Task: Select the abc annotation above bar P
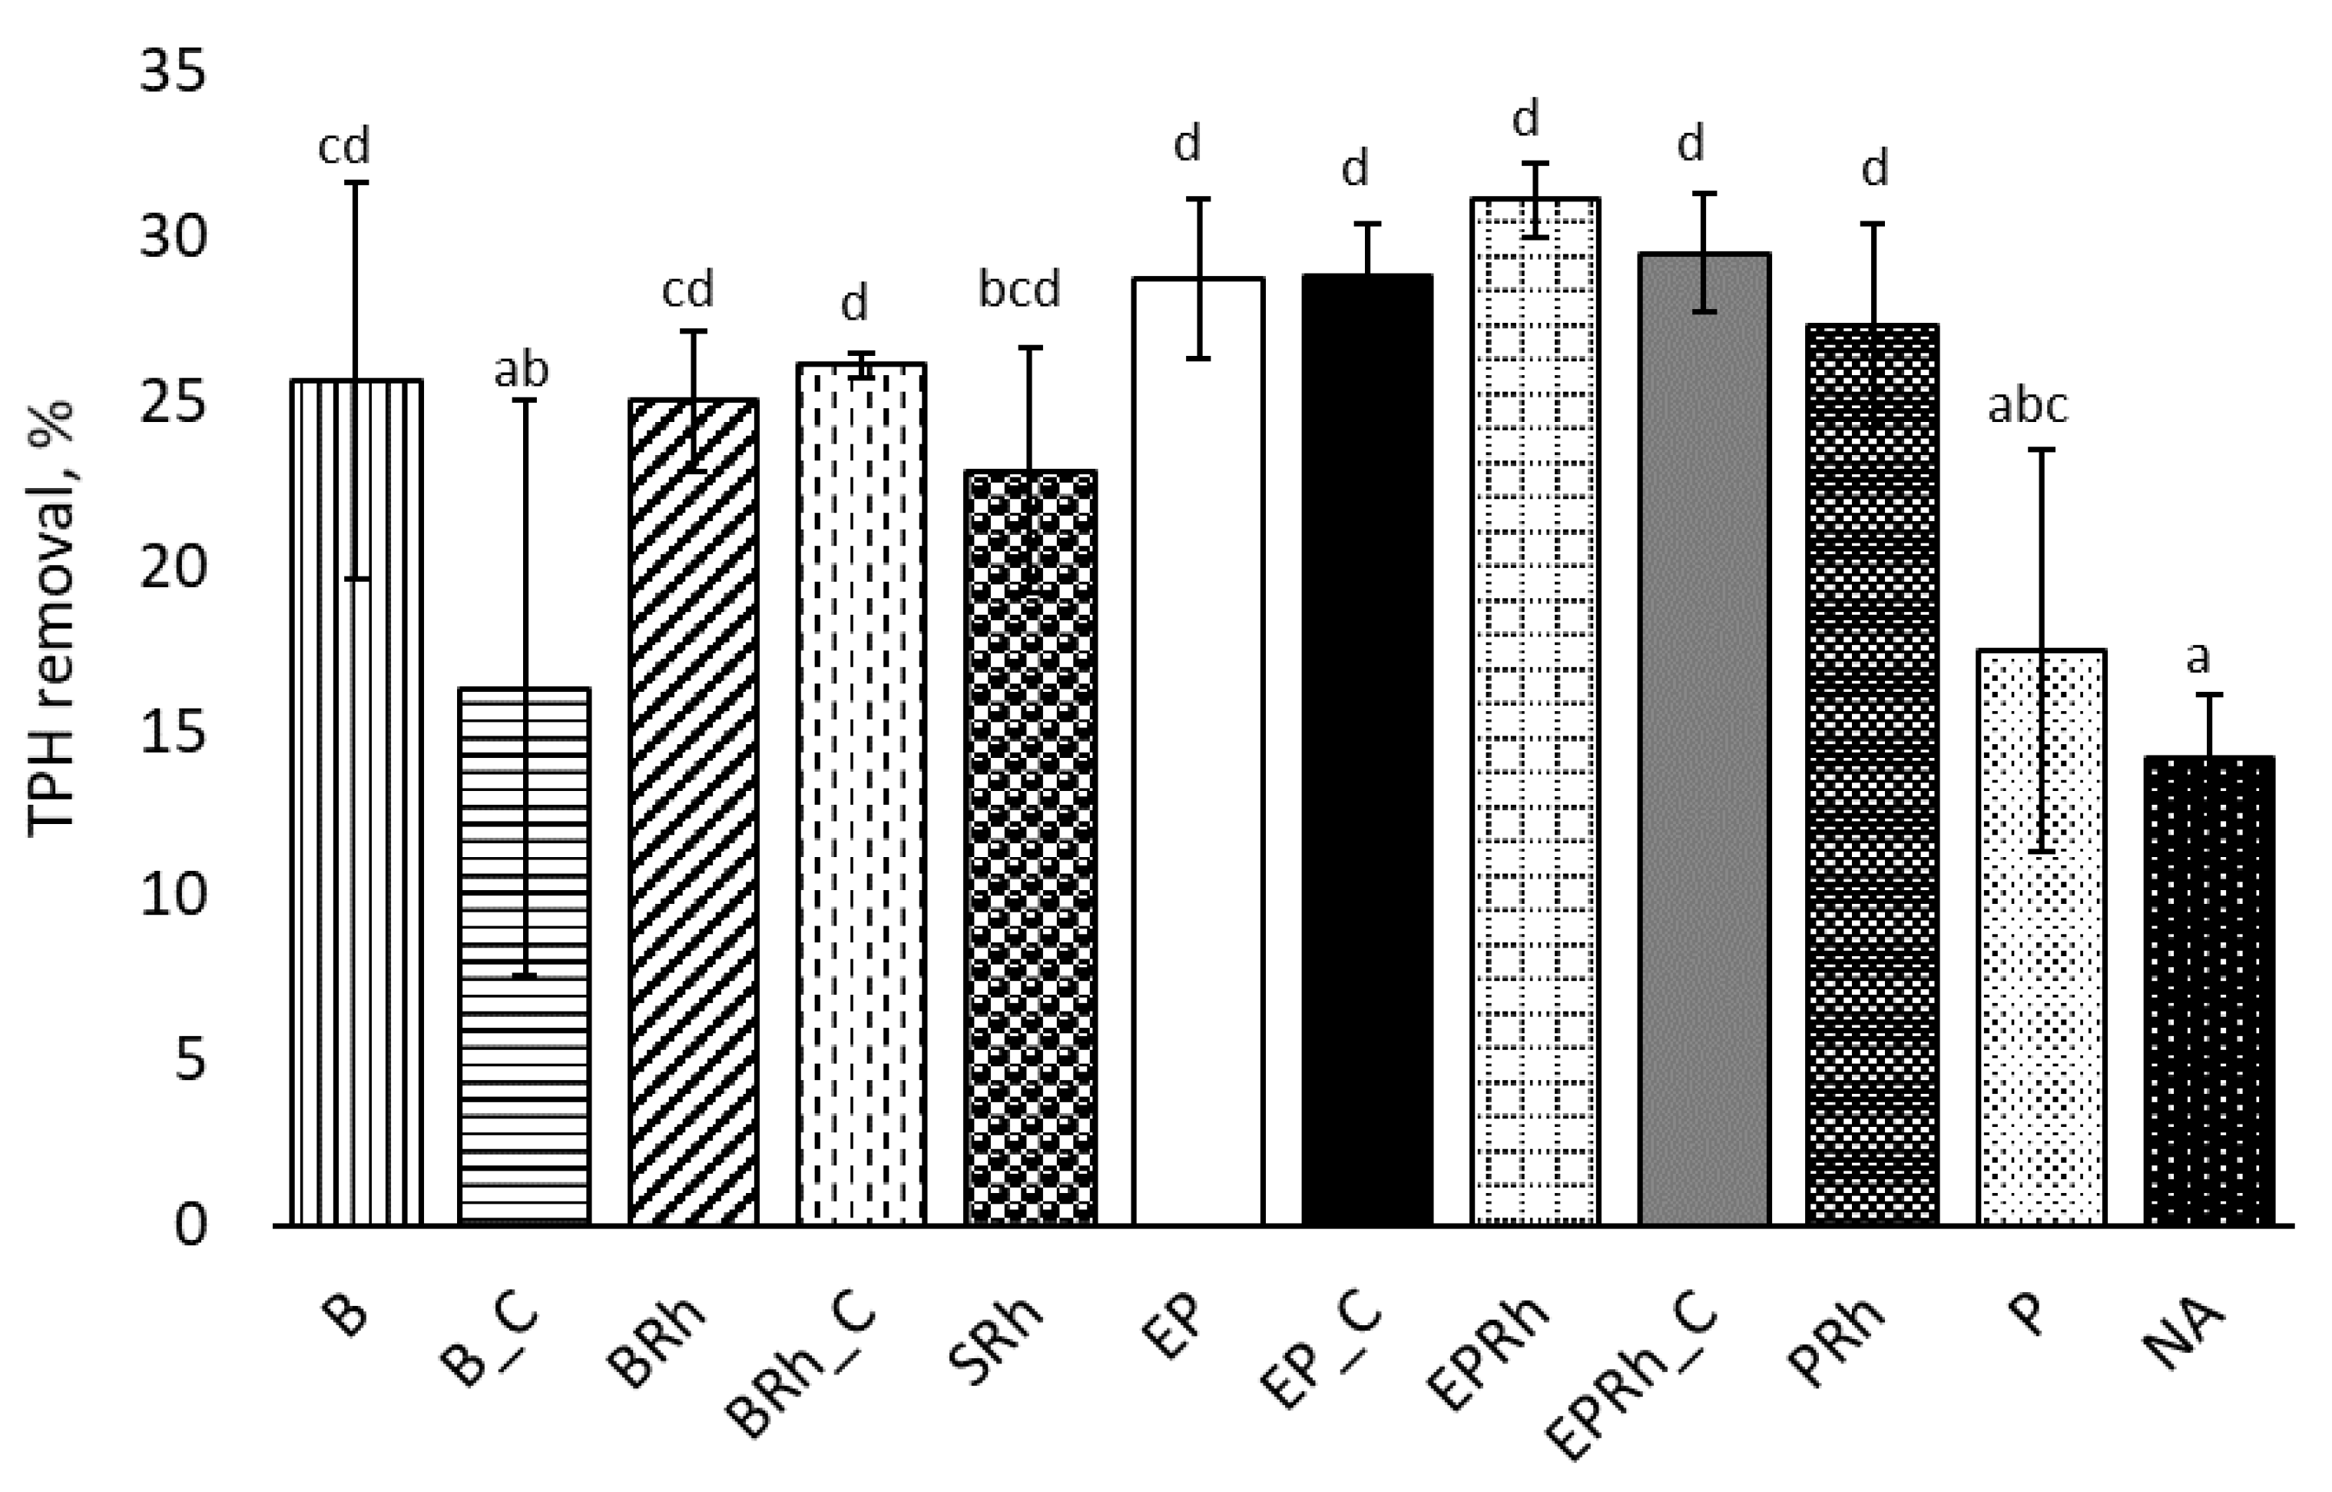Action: pos(2028,406)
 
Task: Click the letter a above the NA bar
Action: pos(2198,658)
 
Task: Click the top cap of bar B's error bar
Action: pos(356,182)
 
